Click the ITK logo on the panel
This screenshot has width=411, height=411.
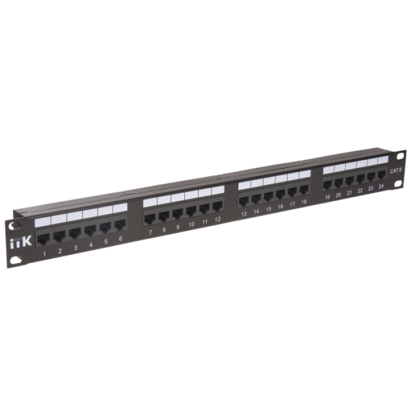pos(21,242)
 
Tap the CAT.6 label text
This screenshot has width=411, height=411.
pos(396,171)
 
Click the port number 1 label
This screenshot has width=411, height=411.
pos(44,254)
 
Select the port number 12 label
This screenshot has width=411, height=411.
pos(218,220)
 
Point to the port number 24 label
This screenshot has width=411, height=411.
pos(381,186)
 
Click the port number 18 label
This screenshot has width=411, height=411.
pos(304,202)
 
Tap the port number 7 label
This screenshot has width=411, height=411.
pos(150,233)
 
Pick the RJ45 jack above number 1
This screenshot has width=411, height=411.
pos(43,239)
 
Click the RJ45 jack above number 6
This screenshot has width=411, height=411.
pos(120,225)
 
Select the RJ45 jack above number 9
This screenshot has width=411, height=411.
pos(177,214)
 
